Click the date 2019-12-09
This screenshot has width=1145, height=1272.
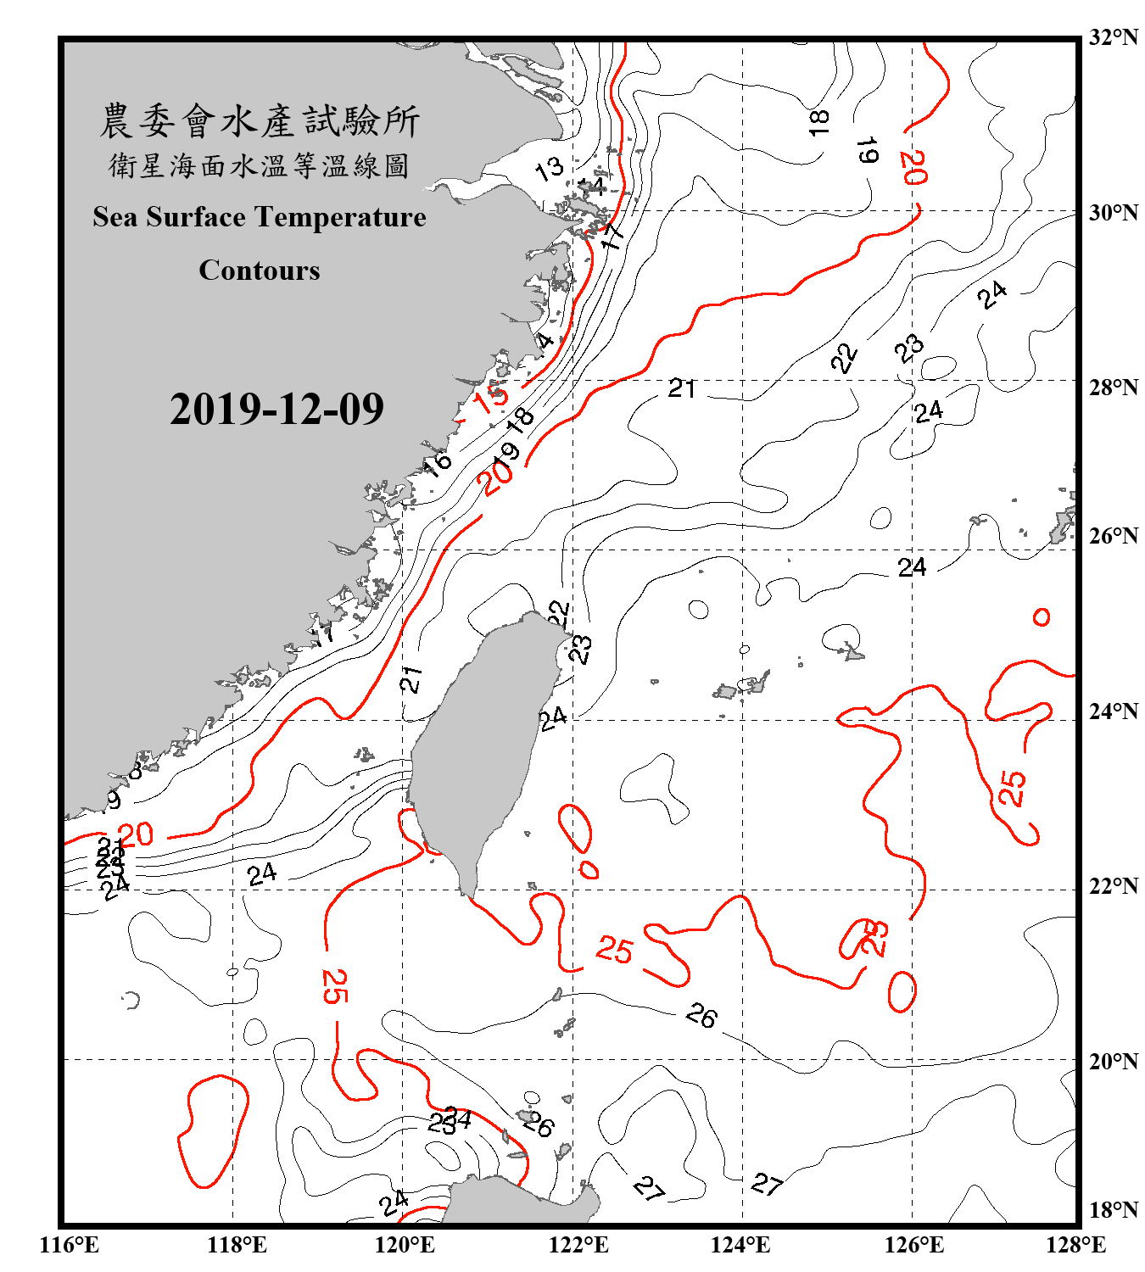[x=276, y=410]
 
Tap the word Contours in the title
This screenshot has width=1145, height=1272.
[x=260, y=271]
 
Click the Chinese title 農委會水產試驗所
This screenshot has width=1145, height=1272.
[x=260, y=120]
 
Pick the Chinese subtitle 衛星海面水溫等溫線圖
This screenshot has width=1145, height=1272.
[x=260, y=165]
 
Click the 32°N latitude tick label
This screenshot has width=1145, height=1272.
[x=1114, y=37]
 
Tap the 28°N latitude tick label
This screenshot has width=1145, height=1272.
[x=1114, y=388]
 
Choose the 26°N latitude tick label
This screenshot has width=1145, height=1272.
[x=1114, y=536]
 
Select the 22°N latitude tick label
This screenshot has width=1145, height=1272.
[x=1114, y=886]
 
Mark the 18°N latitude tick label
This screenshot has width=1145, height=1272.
[x=1114, y=1210]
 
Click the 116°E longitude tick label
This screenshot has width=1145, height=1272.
[x=70, y=1245]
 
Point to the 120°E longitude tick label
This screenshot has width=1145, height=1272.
[x=405, y=1245]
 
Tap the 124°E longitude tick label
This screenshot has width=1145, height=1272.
[x=740, y=1245]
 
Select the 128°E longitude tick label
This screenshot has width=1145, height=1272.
[x=1075, y=1245]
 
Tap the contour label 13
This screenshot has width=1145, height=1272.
[x=550, y=168]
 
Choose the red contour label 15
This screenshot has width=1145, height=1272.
[x=491, y=396]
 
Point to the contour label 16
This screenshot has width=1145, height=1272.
[x=438, y=463]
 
